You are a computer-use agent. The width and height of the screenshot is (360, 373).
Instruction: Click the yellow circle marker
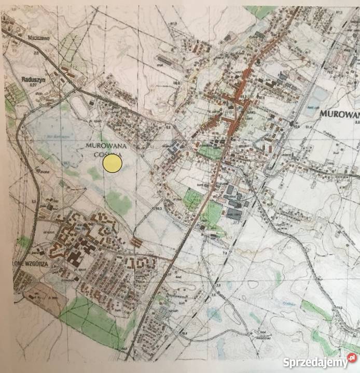click(113, 164)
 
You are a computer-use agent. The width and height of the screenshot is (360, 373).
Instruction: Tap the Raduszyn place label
click(31, 79)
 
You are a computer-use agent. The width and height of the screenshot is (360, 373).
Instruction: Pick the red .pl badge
click(352, 358)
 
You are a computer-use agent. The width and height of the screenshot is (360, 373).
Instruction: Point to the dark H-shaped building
click(75, 255)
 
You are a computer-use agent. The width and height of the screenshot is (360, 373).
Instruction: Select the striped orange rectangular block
click(136, 241)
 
